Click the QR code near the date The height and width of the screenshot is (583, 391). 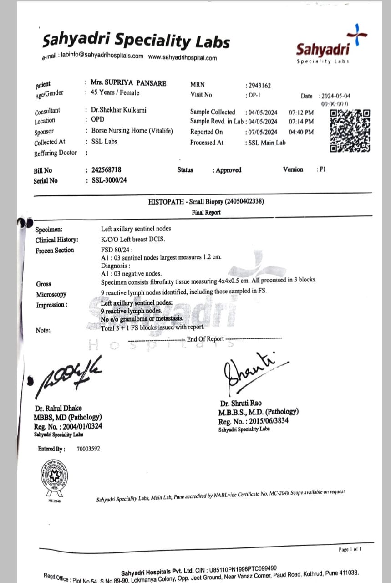[350, 131]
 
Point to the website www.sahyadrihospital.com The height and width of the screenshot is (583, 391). [183, 58]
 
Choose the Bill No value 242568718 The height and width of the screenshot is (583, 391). [106, 170]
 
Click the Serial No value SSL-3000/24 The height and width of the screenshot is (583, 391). [109, 180]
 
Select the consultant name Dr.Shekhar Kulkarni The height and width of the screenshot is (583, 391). [119, 110]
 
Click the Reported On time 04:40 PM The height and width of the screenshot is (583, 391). [301, 132]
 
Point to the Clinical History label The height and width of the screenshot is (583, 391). [57, 240]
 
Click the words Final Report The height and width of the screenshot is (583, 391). [206, 212]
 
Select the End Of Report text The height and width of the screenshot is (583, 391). [205, 339]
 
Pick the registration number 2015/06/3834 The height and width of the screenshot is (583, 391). [264, 421]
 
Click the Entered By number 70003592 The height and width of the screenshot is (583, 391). [88, 449]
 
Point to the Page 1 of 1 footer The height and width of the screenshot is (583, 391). [350, 549]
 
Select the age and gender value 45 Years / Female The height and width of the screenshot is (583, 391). [115, 92]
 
